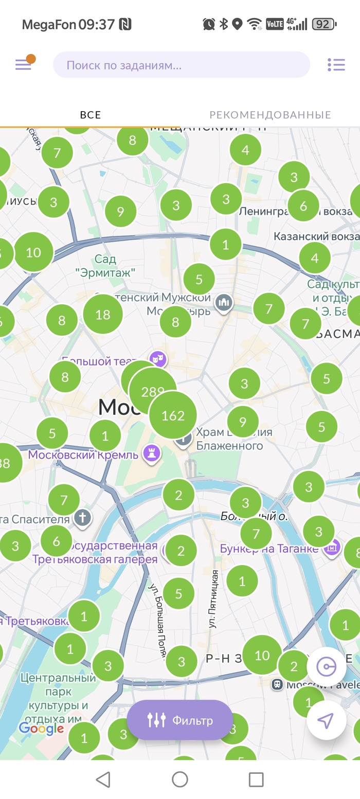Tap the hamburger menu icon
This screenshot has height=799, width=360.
click(x=23, y=65)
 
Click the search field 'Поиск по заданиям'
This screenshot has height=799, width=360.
click(x=182, y=65)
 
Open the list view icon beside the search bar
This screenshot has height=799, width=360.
click(x=336, y=65)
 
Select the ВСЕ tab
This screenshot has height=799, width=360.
click(x=91, y=115)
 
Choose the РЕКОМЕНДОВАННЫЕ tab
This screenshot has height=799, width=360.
click(x=270, y=115)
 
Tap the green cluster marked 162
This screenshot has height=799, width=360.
click(x=173, y=415)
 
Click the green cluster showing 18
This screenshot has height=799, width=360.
click(x=103, y=314)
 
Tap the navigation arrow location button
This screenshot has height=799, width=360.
click(x=326, y=720)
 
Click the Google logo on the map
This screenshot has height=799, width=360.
click(x=41, y=728)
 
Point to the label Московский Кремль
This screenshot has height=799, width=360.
click(x=83, y=455)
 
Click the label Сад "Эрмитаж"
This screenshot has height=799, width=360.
click(x=105, y=266)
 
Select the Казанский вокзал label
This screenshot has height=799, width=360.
click(x=316, y=237)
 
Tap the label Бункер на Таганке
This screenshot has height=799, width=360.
click(x=269, y=549)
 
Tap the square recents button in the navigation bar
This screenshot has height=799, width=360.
click(x=256, y=779)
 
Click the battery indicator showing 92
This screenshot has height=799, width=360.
click(x=324, y=24)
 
